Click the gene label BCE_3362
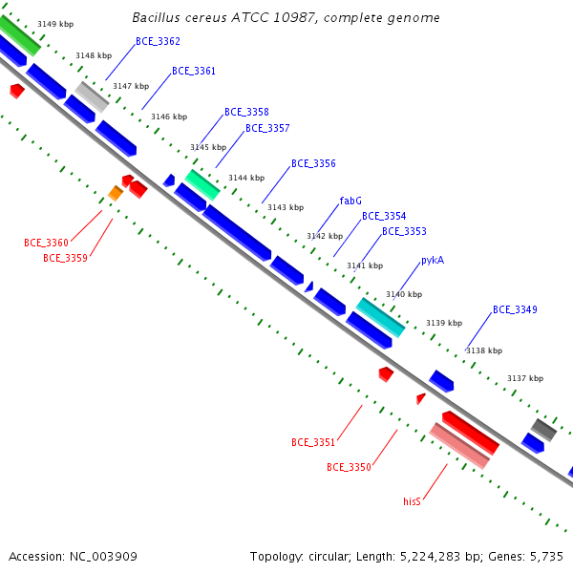[x=158, y=41]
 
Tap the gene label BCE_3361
[x=194, y=71]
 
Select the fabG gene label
[x=350, y=201]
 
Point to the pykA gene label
[x=433, y=260]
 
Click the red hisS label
[x=412, y=501]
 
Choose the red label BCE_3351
[x=313, y=442]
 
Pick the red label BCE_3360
[x=46, y=243]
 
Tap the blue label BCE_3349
[x=515, y=309]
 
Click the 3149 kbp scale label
[x=55, y=24]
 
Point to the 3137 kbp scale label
[x=525, y=378]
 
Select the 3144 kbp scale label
[x=246, y=178]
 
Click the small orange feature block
[x=116, y=193]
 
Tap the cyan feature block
[x=380, y=317]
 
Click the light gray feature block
[x=92, y=96]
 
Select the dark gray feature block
[x=543, y=430]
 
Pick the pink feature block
[x=459, y=446]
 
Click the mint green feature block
[x=202, y=185]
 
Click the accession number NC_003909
[x=103, y=557]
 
